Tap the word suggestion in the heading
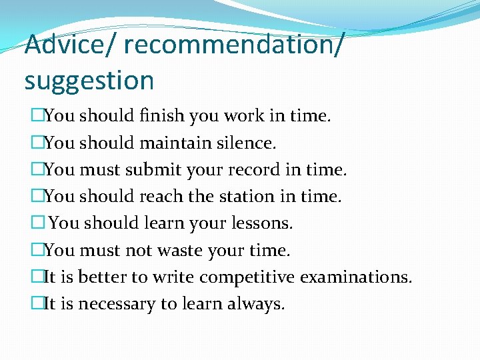click(x=89, y=81)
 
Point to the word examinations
click(x=356, y=277)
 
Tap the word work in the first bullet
click(x=243, y=116)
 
